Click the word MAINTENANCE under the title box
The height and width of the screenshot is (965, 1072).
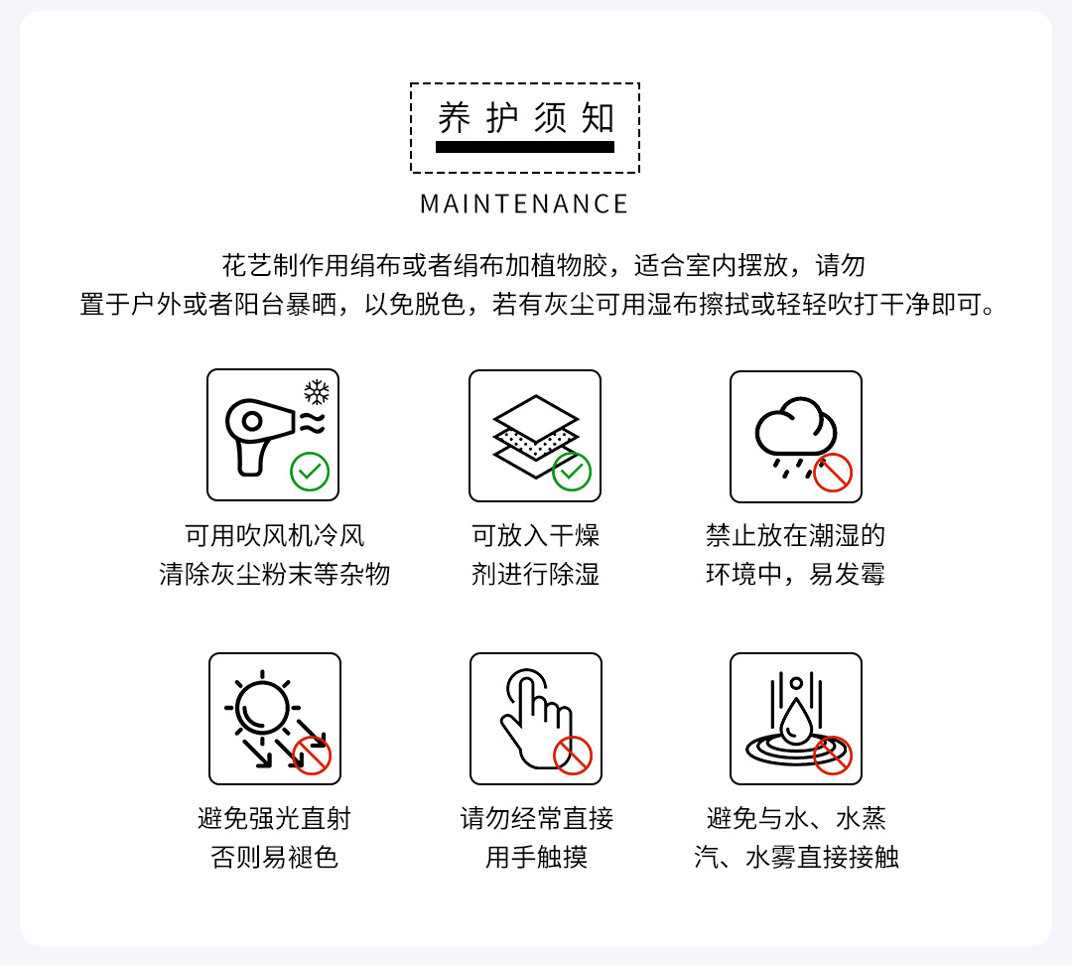(x=524, y=204)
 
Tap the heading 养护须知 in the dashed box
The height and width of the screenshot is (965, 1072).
(x=526, y=117)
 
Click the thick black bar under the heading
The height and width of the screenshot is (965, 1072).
(x=525, y=147)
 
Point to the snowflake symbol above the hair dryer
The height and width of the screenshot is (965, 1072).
(x=317, y=392)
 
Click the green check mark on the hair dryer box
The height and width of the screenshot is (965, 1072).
(x=310, y=472)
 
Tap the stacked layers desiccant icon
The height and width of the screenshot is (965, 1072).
(x=535, y=437)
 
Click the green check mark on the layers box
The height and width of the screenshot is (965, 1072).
(x=572, y=472)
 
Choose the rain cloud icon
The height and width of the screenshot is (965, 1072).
(x=795, y=435)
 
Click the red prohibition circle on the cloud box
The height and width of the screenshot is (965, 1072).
(x=833, y=473)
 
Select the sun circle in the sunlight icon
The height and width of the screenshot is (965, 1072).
(x=262, y=707)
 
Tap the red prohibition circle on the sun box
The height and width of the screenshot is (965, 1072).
(x=312, y=756)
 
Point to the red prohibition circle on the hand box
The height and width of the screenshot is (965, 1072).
(x=573, y=756)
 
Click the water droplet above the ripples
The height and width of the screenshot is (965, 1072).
(x=796, y=723)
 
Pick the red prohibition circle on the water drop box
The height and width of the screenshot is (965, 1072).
(x=833, y=756)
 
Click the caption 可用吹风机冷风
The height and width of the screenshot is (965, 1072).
(x=275, y=535)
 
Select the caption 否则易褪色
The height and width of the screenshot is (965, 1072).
(x=275, y=857)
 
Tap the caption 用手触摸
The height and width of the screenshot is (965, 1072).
(x=537, y=857)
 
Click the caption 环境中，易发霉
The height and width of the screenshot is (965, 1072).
(x=796, y=574)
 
